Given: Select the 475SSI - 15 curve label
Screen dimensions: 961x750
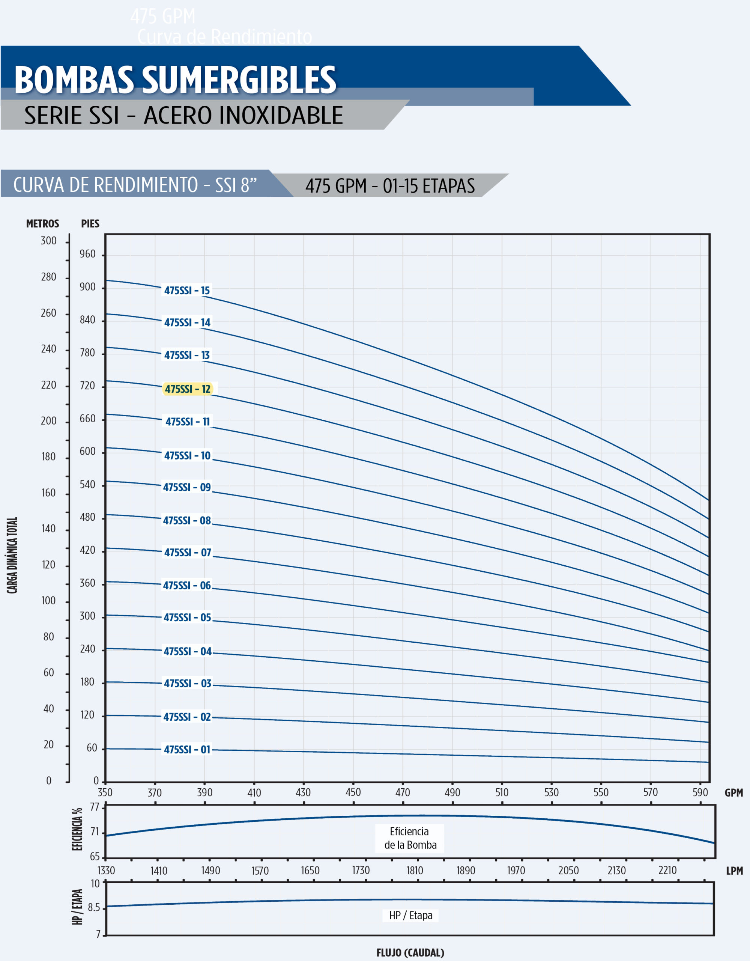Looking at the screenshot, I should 187,291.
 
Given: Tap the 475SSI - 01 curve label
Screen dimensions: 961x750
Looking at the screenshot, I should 187,749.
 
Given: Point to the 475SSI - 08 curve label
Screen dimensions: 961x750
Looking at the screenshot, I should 187,521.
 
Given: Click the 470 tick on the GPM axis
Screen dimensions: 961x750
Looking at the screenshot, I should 403,792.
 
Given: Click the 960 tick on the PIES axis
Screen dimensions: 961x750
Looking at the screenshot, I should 87,254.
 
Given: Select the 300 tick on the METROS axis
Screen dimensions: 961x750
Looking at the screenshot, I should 48,241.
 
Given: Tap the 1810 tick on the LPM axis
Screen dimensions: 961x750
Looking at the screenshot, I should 414,871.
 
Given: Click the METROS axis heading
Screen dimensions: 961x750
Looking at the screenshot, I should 43,223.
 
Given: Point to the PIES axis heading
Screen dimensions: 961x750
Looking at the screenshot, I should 90,223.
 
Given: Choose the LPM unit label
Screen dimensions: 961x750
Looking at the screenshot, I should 734,871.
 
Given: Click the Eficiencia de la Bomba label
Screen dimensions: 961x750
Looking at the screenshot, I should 410,838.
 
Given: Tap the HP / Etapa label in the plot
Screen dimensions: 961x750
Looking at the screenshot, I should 410,916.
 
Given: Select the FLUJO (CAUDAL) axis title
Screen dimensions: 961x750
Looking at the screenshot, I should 410,953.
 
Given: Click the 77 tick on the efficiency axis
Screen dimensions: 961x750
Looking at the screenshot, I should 95,807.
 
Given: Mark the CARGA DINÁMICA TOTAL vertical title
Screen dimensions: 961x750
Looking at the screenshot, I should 12,555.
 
